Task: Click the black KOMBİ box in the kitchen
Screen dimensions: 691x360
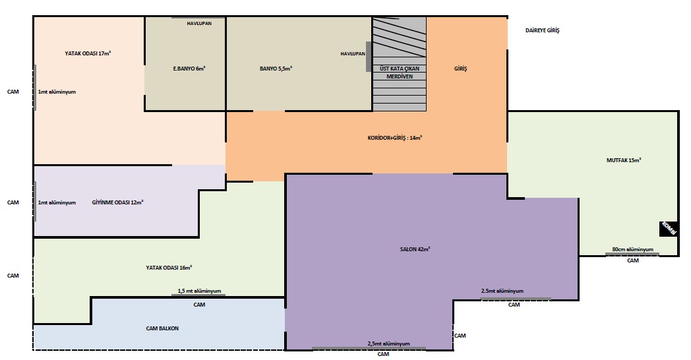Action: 669,229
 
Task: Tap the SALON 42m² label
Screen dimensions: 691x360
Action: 415,249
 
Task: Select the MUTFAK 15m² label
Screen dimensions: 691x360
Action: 624,160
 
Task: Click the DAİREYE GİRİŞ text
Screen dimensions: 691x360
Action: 543,30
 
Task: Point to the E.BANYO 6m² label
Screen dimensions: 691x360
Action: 189,69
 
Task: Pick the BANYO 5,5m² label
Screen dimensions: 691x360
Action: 276,69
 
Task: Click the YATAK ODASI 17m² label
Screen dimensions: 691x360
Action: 88,53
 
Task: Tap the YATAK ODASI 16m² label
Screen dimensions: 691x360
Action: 169,268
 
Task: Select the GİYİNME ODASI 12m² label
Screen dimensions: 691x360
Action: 117,202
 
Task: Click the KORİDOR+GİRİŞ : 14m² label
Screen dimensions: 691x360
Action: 395,138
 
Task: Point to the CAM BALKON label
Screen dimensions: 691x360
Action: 162,328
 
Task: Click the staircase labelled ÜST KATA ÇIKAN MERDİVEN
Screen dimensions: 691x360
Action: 400,64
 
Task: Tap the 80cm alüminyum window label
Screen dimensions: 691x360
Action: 633,249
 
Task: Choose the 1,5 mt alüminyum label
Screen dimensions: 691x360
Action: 199,291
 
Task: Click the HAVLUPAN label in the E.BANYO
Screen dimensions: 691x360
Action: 199,23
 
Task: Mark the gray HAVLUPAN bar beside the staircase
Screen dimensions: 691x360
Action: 369,57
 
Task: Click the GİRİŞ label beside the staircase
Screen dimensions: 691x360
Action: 460,69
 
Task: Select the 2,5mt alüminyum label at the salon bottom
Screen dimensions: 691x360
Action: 389,344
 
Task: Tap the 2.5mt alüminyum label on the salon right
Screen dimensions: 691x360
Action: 502,291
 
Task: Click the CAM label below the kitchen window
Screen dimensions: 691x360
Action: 633,260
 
